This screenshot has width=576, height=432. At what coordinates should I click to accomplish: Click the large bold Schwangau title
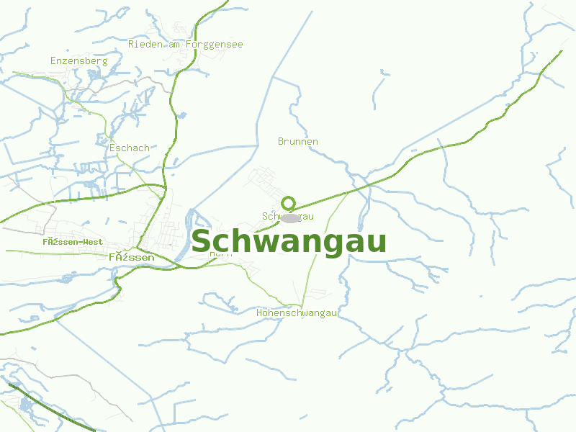[x=289, y=242]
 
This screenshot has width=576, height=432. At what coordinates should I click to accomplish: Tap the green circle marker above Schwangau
[x=289, y=202]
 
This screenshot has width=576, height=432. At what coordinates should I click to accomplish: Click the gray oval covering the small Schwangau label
[x=289, y=217]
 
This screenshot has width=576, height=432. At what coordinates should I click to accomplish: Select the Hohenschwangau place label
[x=297, y=313]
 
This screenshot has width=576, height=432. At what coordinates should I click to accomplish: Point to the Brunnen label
[x=297, y=142]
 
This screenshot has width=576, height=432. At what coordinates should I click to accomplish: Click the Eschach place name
[x=130, y=148]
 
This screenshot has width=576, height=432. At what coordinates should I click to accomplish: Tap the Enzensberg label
[x=78, y=61]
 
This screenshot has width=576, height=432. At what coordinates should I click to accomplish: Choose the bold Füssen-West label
[x=72, y=242]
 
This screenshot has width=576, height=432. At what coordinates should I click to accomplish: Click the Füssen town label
[x=131, y=257]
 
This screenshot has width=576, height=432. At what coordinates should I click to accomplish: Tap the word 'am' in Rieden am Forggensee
[x=174, y=45]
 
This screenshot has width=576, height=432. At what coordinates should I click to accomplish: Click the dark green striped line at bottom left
[x=50, y=408]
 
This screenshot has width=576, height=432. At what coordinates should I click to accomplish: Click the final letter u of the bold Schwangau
[x=376, y=243]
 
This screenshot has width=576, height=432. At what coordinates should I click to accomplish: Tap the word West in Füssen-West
[x=91, y=242]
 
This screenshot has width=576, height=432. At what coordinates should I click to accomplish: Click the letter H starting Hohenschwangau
[x=260, y=313]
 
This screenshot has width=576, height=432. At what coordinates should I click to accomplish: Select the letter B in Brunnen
[x=281, y=142]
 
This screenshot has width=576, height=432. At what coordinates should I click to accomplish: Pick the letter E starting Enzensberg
[x=53, y=61]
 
